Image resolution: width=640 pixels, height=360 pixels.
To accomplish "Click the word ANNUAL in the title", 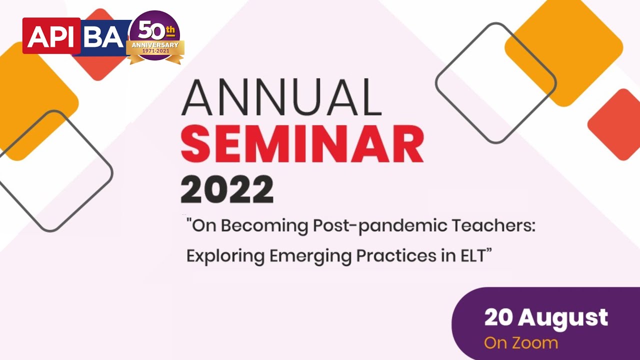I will click(x=281, y=98).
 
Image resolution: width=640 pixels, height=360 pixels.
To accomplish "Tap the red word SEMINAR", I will click(x=302, y=145).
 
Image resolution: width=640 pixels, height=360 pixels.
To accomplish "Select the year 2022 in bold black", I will click(x=227, y=189).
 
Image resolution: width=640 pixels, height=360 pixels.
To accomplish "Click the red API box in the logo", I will click(x=51, y=36).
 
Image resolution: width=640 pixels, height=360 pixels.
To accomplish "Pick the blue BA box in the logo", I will click(x=104, y=36).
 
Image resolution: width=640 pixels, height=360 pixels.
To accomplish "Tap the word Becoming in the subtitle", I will click(x=264, y=226).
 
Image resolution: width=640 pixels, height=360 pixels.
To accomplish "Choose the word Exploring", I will click(x=225, y=256).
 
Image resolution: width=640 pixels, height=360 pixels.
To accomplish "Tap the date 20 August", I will click(x=546, y=317).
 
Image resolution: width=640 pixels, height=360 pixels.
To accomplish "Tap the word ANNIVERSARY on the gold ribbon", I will click(x=155, y=45).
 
